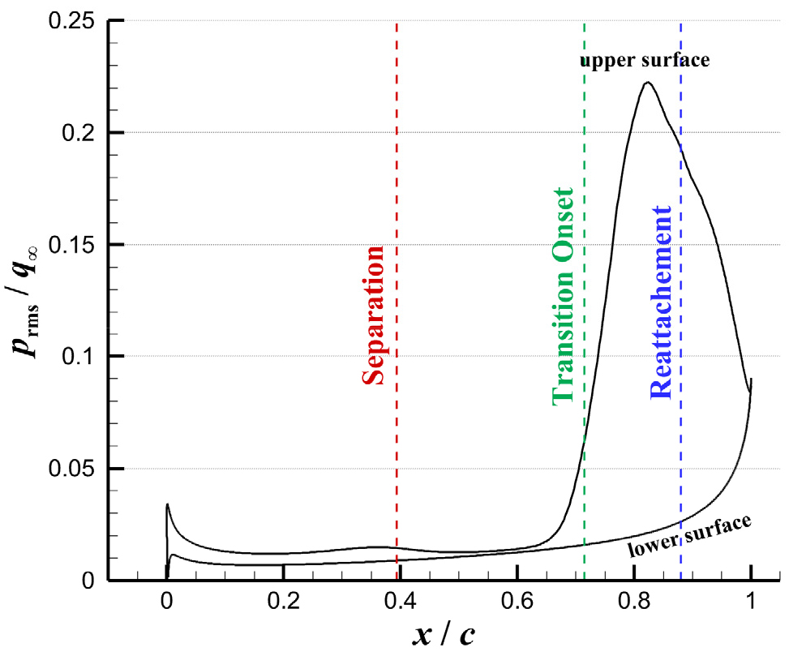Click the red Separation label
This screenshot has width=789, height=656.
(x=374, y=316)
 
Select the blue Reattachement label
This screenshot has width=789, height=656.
(x=660, y=302)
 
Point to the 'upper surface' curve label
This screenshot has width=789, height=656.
(x=645, y=60)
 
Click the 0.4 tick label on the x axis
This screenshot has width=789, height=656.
(x=401, y=602)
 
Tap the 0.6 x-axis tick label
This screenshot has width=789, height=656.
(x=517, y=602)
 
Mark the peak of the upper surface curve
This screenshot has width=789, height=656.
(x=647, y=82)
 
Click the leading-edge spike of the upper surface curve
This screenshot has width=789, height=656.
(x=167, y=504)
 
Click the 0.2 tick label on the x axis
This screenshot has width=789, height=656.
(x=284, y=602)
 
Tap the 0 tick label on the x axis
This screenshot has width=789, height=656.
(x=167, y=602)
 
